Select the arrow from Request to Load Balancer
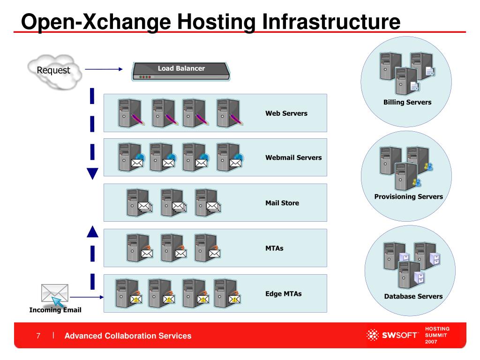click(104, 69)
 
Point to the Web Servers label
click(286, 113)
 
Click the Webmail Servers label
click(293, 157)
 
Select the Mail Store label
click(282, 203)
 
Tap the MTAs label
click(275, 248)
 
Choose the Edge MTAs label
click(284, 294)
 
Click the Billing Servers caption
click(407, 102)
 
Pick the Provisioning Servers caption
click(408, 197)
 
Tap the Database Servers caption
click(413, 296)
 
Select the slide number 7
click(38, 336)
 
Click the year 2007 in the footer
click(431, 343)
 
